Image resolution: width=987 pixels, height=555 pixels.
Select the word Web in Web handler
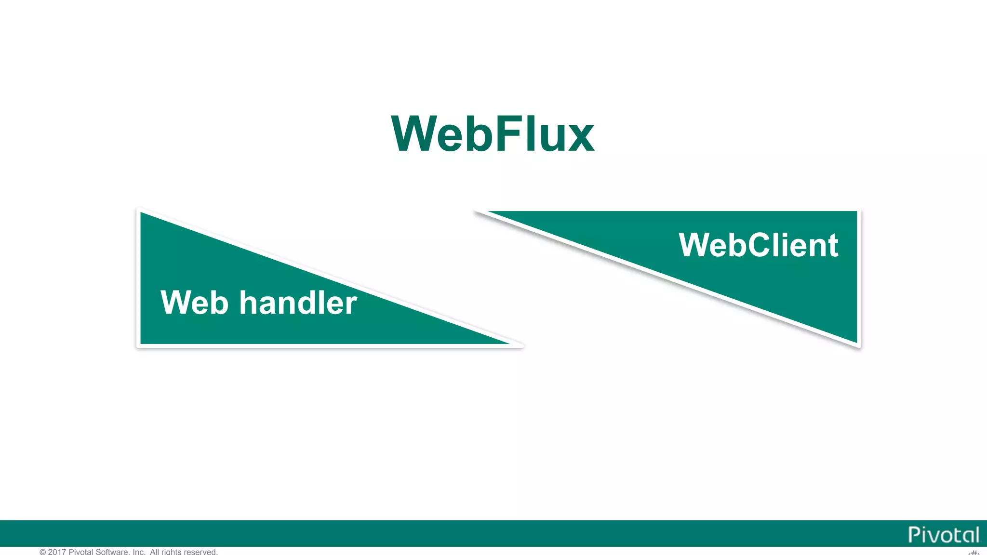[194, 303]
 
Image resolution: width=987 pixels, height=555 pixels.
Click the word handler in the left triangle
[298, 303]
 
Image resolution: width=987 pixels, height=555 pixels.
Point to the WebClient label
[759, 245]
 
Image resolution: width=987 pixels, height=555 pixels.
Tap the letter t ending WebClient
[833, 246]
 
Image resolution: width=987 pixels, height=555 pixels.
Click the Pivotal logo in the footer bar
[944, 535]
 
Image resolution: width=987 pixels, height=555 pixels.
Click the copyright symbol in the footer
[43, 552]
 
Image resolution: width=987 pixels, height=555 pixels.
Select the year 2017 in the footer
[57, 552]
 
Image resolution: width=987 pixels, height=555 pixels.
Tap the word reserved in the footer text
[200, 552]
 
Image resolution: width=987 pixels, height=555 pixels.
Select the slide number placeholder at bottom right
[974, 553]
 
